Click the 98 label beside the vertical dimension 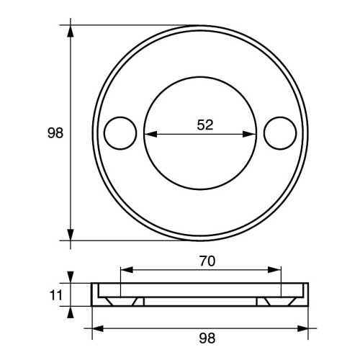pos(55,133)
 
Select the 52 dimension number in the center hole pos(205,124)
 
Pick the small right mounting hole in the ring pos(280,133)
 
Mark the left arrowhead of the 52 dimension pos(148,133)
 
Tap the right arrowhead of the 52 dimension pos(252,133)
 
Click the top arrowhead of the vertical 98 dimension pos(71,31)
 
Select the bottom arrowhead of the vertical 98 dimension pos(71,234)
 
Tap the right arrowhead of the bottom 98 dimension pos(304,328)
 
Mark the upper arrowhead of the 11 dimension pos(71,277)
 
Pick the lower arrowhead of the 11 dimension pos(71,310)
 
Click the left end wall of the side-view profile pos(94,294)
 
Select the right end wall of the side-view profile pos(307,294)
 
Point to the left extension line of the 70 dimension pos(120,284)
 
